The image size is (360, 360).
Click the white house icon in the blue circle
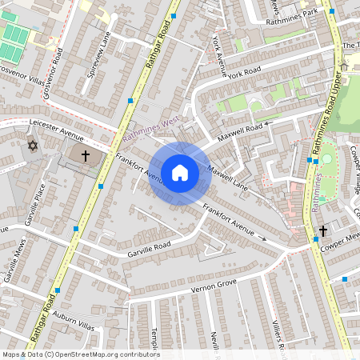coord(180,172)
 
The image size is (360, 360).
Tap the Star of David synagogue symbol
coord(33,146)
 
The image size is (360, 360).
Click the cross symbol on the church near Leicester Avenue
coord(86,154)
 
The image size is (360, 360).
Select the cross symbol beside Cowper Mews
coord(322,231)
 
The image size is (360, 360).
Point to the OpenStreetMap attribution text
coord(80,354)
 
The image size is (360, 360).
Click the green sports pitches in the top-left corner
coord(14,42)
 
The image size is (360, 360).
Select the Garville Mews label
coord(13,264)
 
